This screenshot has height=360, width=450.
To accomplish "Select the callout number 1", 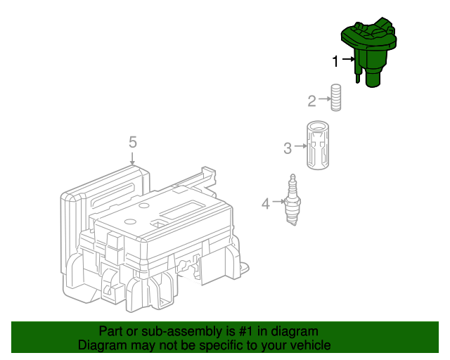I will (336, 61).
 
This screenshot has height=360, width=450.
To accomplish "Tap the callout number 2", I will (311, 101).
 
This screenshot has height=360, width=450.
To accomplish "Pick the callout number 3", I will (288, 148).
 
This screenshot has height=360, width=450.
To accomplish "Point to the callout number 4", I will (266, 204).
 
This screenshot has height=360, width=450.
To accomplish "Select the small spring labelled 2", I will (337, 97).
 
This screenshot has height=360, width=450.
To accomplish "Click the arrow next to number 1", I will (348, 61).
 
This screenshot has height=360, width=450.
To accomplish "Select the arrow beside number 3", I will (299, 148).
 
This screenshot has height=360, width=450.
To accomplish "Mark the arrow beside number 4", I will (277, 203).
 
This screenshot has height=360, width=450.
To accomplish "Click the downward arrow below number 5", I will (132, 158).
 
